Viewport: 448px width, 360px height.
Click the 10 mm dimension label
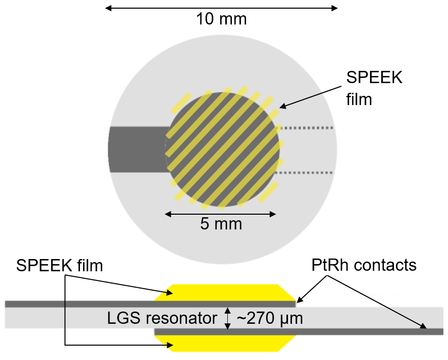221,20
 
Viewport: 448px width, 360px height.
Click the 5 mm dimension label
221,224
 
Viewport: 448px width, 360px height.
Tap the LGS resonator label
162,319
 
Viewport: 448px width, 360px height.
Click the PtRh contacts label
364,265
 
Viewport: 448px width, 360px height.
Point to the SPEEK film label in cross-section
59,265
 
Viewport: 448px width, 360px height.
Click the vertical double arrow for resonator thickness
228,318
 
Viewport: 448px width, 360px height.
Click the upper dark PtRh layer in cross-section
102,304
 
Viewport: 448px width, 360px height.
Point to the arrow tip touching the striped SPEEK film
280,108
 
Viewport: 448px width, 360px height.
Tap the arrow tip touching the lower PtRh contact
426,328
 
